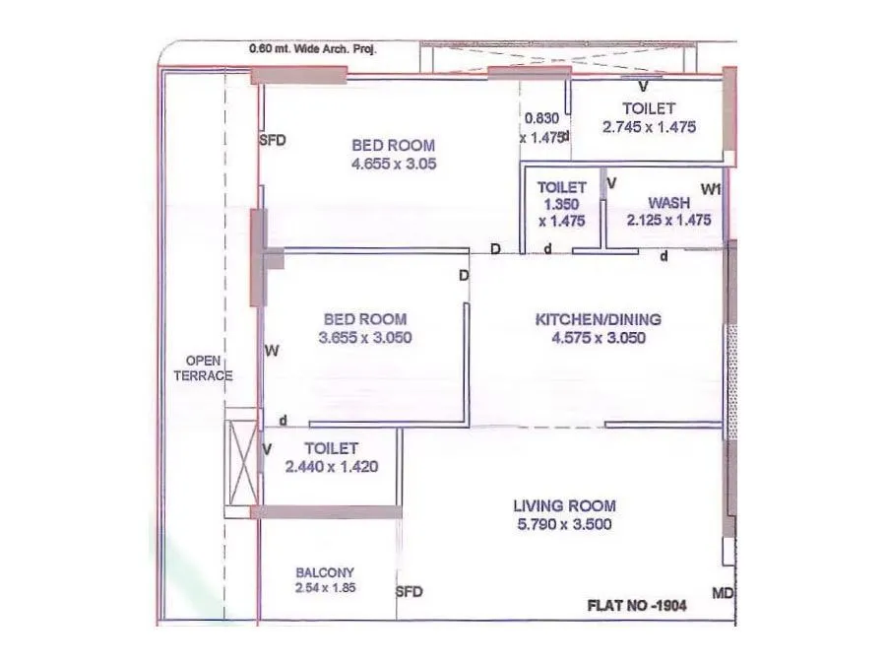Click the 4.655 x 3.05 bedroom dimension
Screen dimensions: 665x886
click(393, 164)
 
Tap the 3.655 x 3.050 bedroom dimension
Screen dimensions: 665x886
click(364, 337)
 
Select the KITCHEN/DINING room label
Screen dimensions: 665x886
click(598, 319)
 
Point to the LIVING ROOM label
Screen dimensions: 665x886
click(564, 505)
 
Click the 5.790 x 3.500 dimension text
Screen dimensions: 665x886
click(564, 524)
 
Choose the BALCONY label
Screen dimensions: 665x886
click(325, 571)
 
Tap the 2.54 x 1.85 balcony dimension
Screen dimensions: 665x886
click(325, 588)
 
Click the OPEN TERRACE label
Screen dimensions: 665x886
click(203, 368)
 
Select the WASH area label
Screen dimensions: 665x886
click(668, 203)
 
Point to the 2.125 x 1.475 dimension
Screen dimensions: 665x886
click(668, 221)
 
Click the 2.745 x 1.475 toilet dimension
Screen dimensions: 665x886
click(649, 126)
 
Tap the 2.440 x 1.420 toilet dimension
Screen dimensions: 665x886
click(331, 467)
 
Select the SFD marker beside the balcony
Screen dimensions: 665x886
click(409, 592)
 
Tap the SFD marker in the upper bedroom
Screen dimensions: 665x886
click(272, 140)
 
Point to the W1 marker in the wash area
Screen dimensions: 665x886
click(711, 188)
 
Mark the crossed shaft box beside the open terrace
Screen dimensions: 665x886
click(240, 462)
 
